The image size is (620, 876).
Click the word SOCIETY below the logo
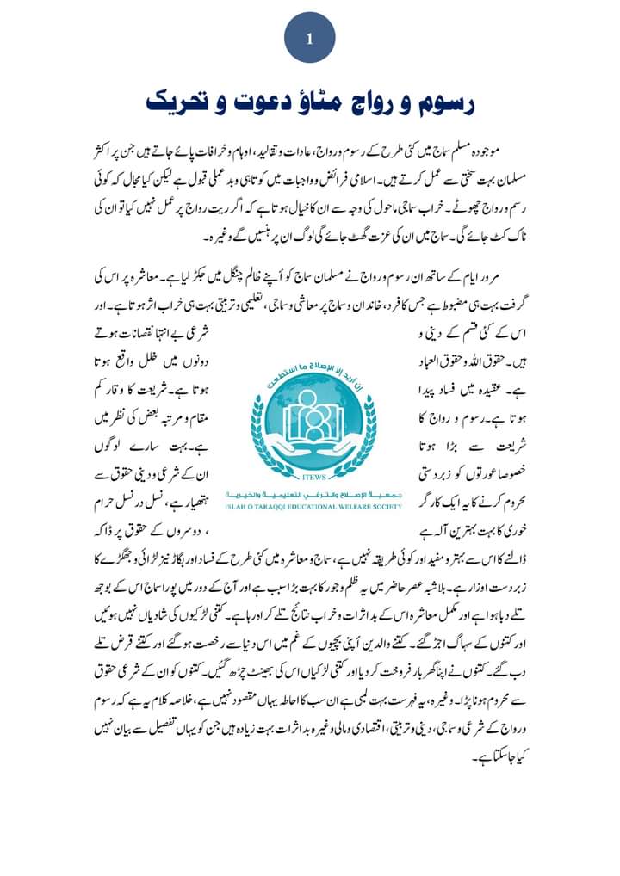click(x=382, y=508)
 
